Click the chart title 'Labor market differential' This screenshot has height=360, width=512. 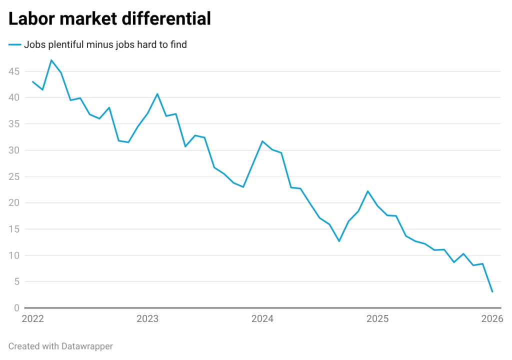(109, 19)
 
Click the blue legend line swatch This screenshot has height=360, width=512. (14, 45)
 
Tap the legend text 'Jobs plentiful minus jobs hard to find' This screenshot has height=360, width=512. (105, 45)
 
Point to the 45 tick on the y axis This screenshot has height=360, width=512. (13, 71)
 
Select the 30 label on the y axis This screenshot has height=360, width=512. (13, 150)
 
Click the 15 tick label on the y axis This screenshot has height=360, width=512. (13, 229)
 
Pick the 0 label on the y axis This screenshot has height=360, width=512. (16, 308)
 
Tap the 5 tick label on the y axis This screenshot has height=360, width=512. (16, 281)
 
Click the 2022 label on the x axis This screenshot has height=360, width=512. (33, 319)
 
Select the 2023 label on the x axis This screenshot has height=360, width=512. (147, 319)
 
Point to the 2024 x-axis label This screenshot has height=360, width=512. (262, 319)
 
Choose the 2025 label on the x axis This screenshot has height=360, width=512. (377, 319)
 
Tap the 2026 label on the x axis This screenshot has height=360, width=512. (492, 319)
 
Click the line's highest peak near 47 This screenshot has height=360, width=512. (51, 60)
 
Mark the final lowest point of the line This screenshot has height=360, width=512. (492, 291)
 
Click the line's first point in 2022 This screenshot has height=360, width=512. (32, 81)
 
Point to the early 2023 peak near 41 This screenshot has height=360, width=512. (157, 93)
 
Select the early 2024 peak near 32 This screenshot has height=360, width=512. (262, 141)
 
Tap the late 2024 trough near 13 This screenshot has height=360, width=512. (339, 241)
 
